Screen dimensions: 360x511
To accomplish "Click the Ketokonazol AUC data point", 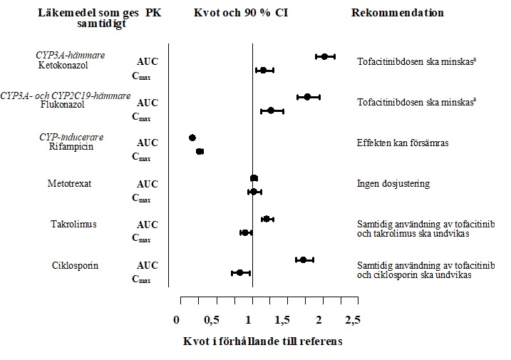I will pyautogui.click(x=325, y=56).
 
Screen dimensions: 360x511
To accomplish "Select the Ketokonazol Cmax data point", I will pyautogui.click(x=264, y=70).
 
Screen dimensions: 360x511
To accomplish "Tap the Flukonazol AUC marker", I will pyautogui.click(x=308, y=96).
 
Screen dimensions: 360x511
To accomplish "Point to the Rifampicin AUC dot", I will pyautogui.click(x=192, y=138).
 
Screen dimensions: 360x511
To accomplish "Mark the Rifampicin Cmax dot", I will pyautogui.click(x=200, y=151).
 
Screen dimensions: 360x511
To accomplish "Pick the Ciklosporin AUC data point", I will pyautogui.click(x=304, y=259).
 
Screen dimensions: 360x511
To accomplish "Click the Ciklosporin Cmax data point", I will pyautogui.click(x=240, y=273).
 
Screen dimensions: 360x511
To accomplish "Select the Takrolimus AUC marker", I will pyautogui.click(x=267, y=219).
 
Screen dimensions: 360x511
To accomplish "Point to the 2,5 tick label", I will pyautogui.click(x=352, y=319).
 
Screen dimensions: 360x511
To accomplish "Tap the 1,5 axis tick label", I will pyautogui.click(x=284, y=319).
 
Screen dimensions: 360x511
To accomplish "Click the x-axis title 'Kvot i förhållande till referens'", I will pyautogui.click(x=263, y=341).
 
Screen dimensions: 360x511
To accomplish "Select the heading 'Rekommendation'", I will pyautogui.click(x=398, y=13).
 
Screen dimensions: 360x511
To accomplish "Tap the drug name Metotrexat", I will pyautogui.click(x=69, y=183).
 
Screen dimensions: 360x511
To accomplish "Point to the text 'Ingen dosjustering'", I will pyautogui.click(x=393, y=183).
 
